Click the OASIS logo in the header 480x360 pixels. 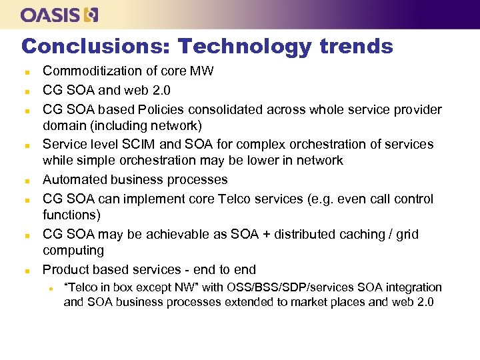tap(59, 15)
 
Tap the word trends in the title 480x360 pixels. tap(356, 46)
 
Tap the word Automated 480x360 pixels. tap(74, 180)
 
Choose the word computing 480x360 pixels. tap(73, 251)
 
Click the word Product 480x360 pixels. tap(66, 270)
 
